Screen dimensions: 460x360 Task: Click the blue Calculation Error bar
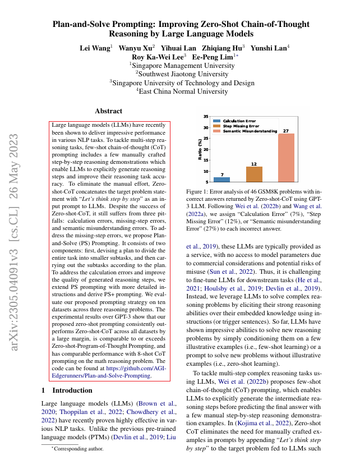(x=221, y=180)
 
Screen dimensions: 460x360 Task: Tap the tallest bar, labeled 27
(x=285, y=158)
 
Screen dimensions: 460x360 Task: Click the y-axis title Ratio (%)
(x=200, y=149)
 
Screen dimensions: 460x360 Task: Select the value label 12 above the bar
(x=253, y=164)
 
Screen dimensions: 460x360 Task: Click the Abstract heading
(x=109, y=112)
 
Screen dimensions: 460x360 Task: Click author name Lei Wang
(x=94, y=48)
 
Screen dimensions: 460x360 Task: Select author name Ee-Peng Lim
(x=213, y=57)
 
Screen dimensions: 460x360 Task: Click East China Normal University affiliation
(x=182, y=91)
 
